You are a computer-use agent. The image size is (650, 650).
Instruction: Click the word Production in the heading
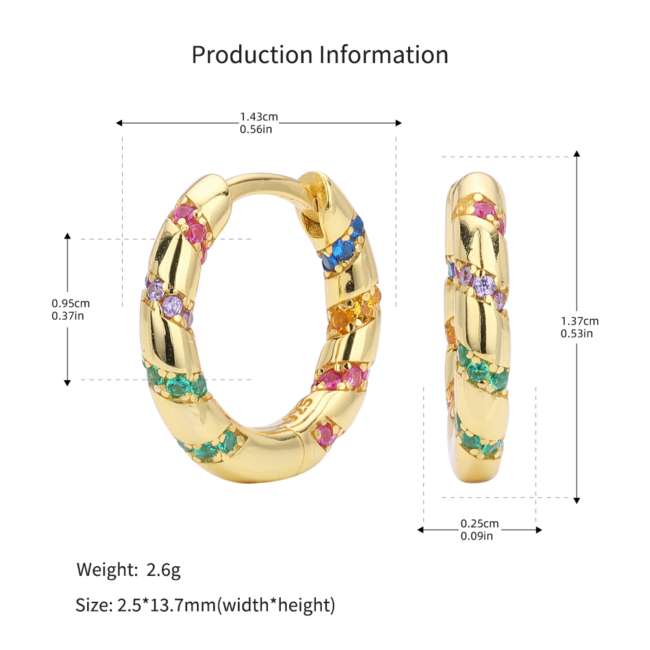point(252,55)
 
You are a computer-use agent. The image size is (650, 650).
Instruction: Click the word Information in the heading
point(384,55)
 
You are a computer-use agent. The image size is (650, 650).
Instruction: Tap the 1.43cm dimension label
point(259,117)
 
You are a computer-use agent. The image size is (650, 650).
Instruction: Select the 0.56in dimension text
point(256,129)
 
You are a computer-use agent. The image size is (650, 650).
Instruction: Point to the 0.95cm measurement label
point(70,304)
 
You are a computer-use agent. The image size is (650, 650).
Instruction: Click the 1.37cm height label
point(580,321)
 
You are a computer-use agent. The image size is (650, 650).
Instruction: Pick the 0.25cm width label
point(480,523)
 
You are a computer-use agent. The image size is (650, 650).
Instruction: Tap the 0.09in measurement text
point(476,536)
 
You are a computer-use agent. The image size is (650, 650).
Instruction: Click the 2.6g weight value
point(163,570)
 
